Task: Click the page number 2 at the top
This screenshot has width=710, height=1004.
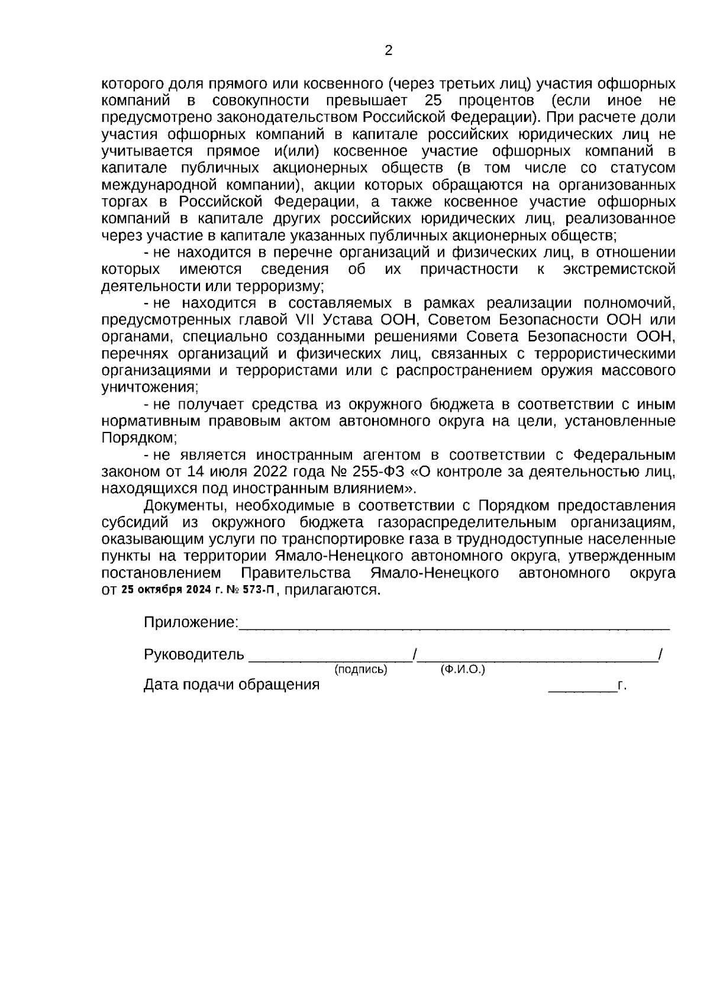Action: point(388,51)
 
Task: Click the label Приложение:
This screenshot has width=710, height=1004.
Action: point(191,622)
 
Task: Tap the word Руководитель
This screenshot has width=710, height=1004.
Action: point(193,654)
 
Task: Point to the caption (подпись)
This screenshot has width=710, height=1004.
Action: point(360,670)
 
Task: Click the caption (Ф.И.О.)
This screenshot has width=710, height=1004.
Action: point(462,670)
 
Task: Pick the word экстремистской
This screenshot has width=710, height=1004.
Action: point(619,270)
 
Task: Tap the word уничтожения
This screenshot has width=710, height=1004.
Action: point(149,388)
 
